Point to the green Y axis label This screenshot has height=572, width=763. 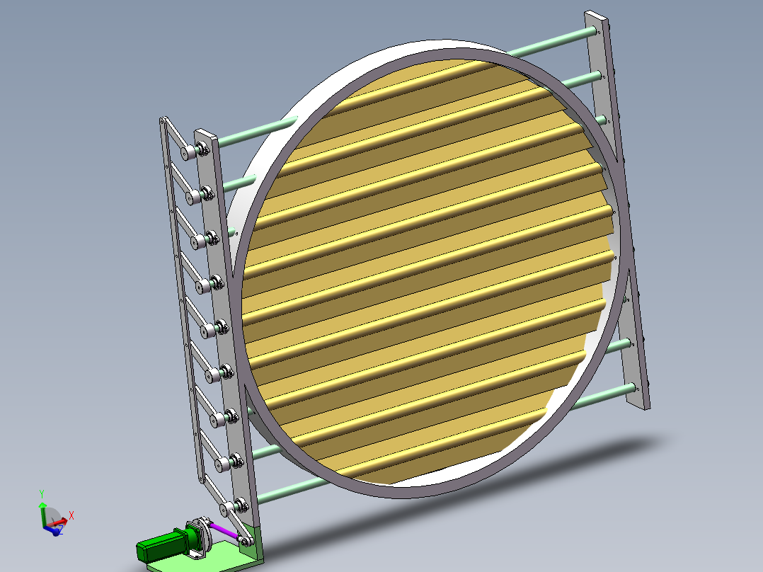click(42, 493)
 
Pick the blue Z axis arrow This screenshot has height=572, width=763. click(55, 530)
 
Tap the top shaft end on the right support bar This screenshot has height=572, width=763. click(598, 31)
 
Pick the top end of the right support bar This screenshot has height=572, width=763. click(595, 16)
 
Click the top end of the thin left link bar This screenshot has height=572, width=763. click(165, 121)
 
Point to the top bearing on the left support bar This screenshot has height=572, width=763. click(203, 148)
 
